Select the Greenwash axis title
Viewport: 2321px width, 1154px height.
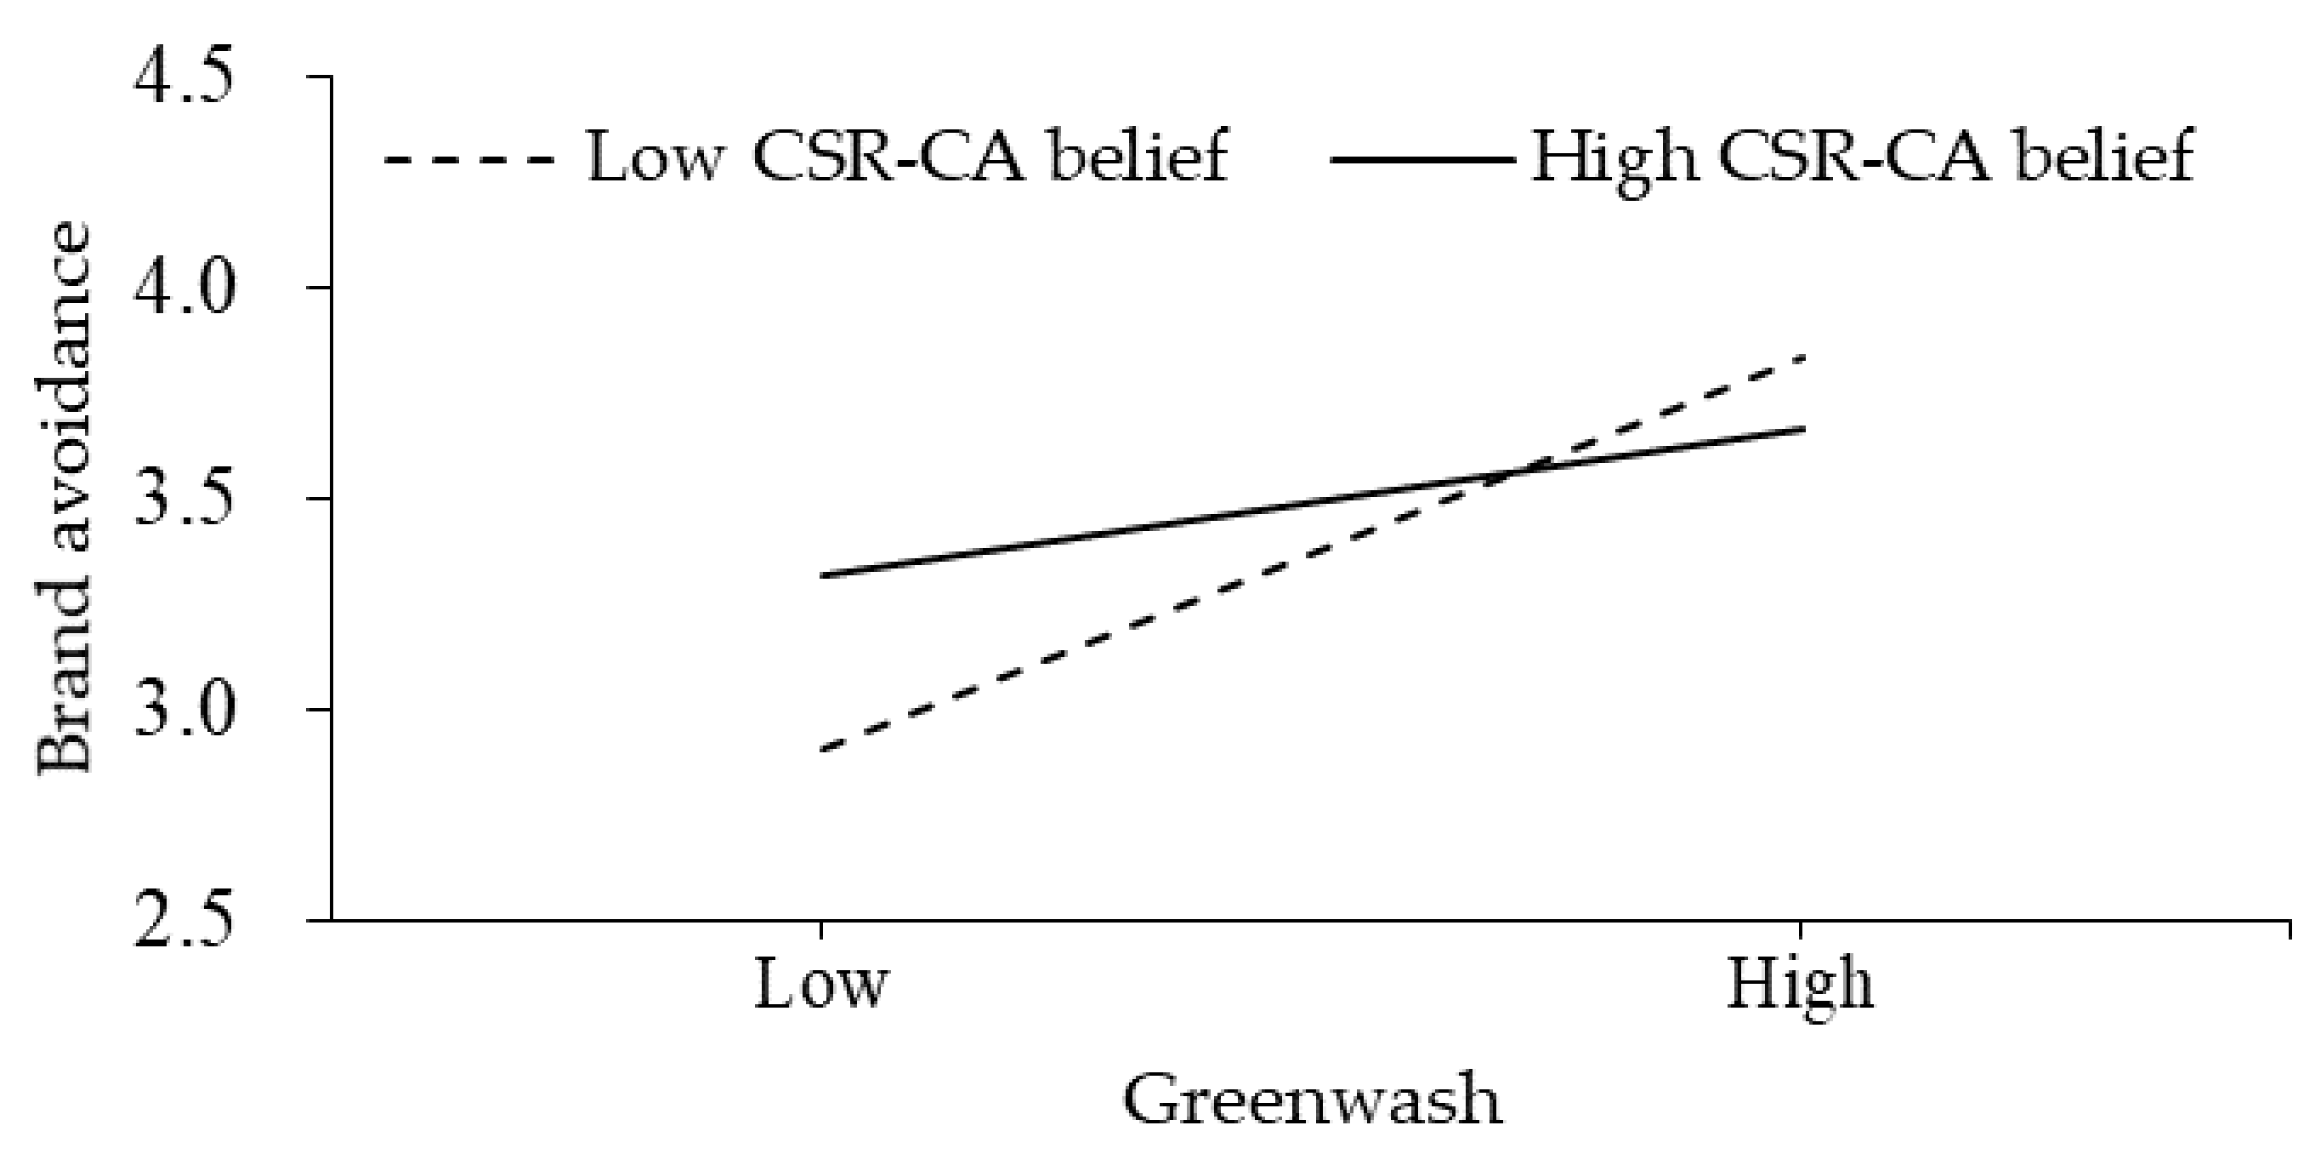(x=1312, y=1099)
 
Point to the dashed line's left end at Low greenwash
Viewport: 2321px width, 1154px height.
(x=822, y=749)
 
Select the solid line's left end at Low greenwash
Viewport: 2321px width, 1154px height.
(x=822, y=575)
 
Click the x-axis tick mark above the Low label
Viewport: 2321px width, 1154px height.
(x=820, y=929)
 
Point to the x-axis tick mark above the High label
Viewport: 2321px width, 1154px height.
(x=1800, y=929)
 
